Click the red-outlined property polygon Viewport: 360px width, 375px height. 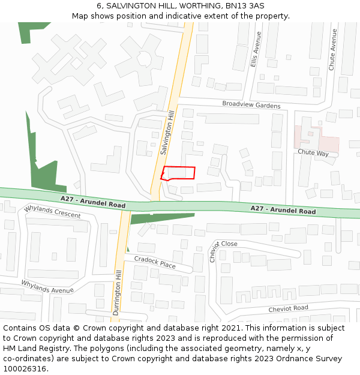pos(178,173)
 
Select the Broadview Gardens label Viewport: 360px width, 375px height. pos(251,105)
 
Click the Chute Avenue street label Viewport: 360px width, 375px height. pos(332,50)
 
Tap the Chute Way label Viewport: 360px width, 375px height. pos(313,154)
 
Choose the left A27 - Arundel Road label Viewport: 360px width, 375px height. pos(93,202)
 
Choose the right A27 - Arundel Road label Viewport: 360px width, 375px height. pos(283,210)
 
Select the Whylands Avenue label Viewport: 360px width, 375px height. pos(47,286)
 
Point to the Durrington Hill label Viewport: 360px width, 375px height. pos(118,288)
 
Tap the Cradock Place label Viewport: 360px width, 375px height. pos(155,262)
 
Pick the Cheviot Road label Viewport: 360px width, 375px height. pos(288,308)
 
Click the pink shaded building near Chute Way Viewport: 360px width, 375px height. pos(316,139)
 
